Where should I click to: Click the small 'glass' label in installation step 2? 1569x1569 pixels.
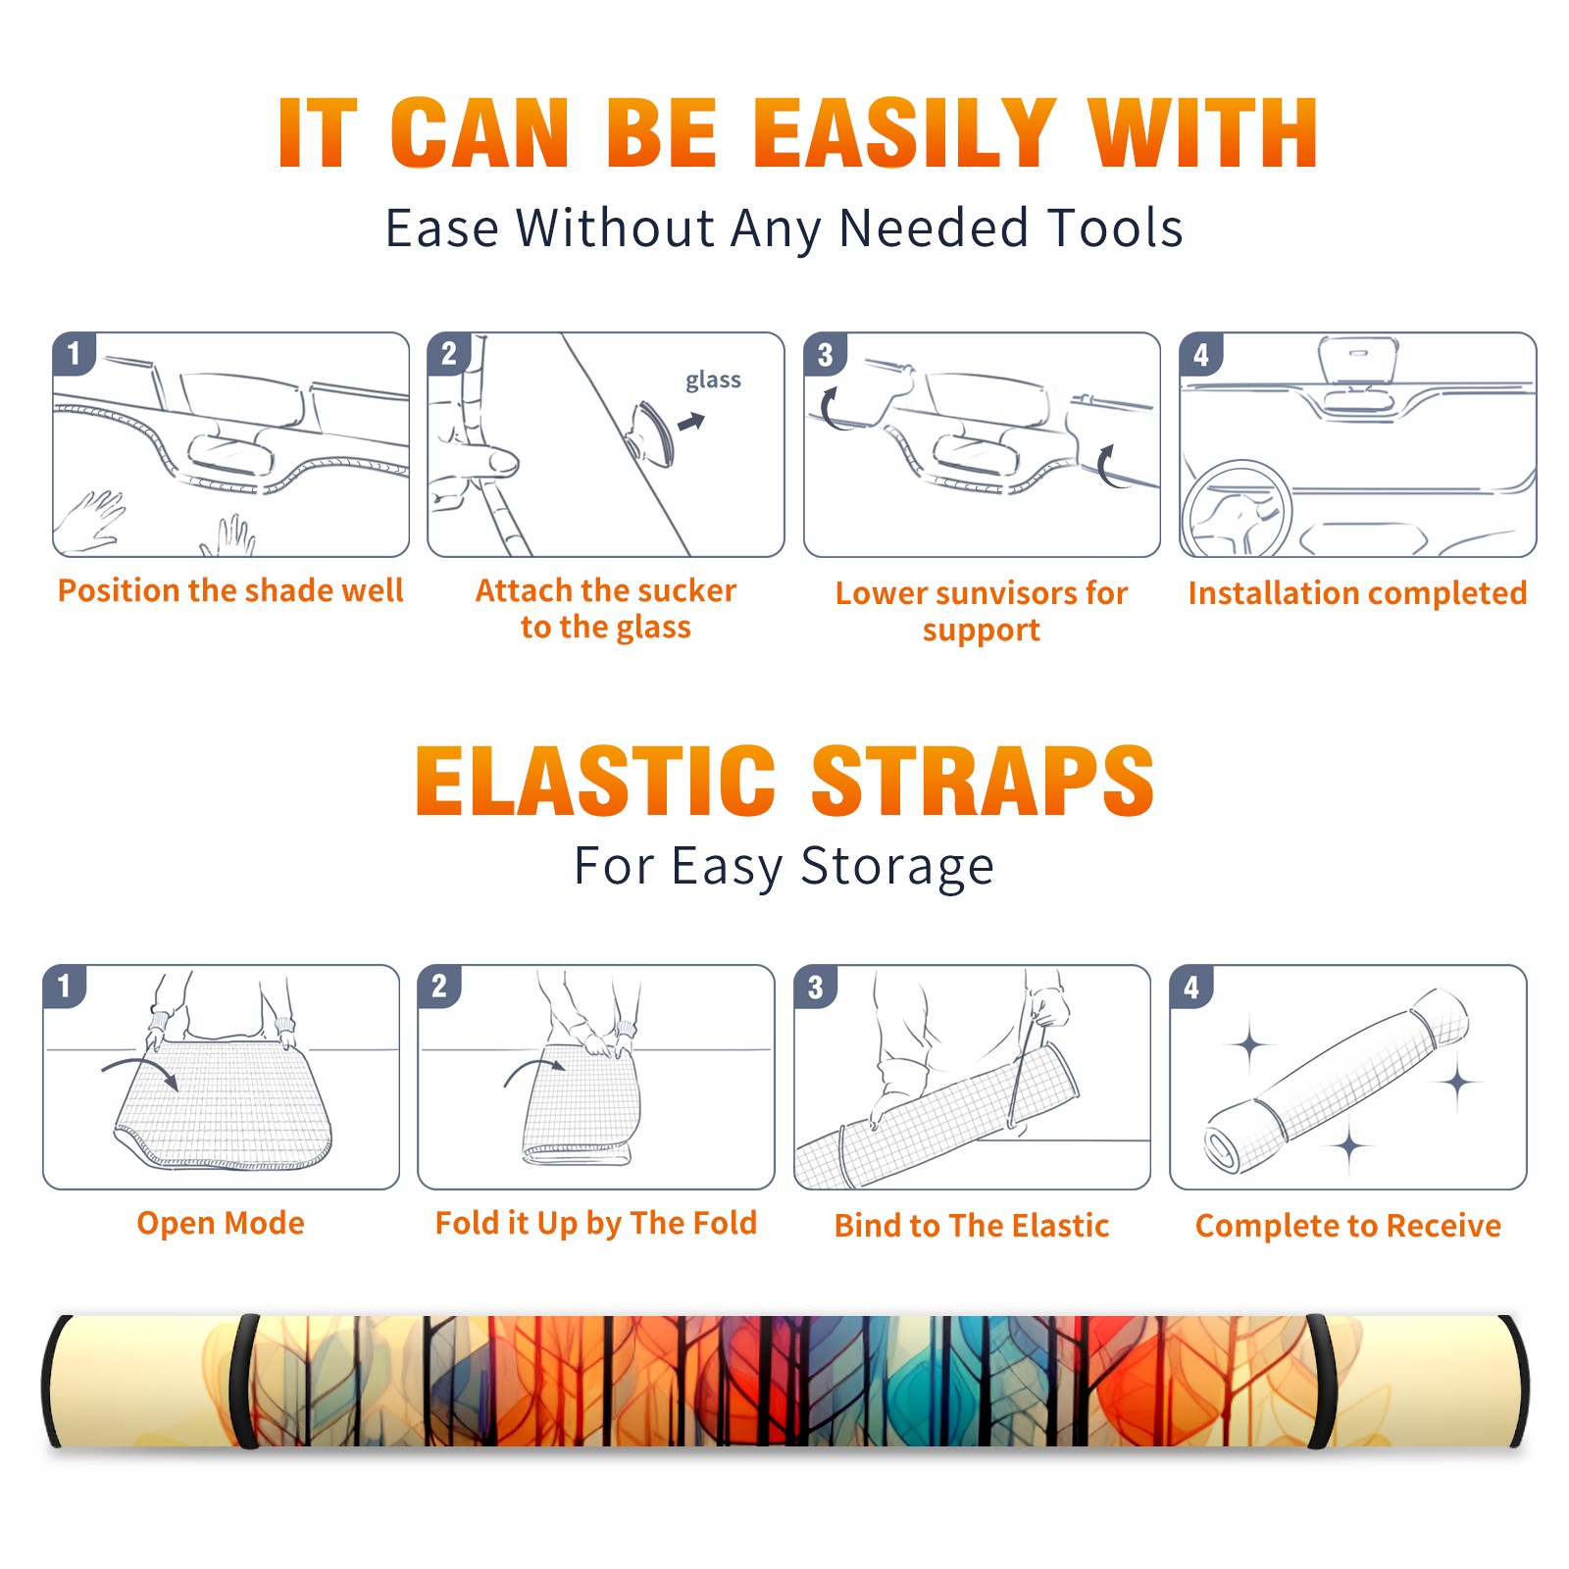coord(713,380)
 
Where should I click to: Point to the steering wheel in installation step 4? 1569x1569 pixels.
coord(1236,510)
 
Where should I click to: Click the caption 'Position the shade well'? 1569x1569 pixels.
coord(230,590)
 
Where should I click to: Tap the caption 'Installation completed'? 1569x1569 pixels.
coord(1357,592)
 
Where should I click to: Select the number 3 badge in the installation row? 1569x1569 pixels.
coord(825,354)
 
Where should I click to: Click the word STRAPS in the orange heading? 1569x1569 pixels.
coord(983,781)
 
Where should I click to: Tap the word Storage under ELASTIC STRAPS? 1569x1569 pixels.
coord(897,867)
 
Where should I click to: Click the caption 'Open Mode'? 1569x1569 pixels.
coord(221,1223)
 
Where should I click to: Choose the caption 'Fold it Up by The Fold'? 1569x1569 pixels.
coord(596,1223)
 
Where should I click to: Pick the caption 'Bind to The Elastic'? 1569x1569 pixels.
coord(972,1226)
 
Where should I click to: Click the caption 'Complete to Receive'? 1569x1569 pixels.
coord(1348,1226)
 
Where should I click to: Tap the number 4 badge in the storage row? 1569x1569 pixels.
coord(1191,987)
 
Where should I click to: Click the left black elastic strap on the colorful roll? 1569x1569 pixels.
coord(244,1381)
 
